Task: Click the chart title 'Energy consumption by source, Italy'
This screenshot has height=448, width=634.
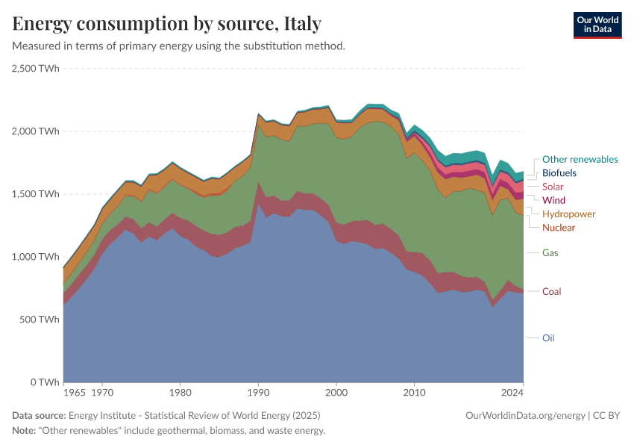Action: pyautogui.click(x=167, y=24)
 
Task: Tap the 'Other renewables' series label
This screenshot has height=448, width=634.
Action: pyautogui.click(x=580, y=159)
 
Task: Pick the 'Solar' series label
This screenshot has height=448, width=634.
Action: pyautogui.click(x=553, y=187)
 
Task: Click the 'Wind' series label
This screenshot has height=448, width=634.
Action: pyautogui.click(x=553, y=200)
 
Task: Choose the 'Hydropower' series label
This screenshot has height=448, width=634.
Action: pyautogui.click(x=569, y=214)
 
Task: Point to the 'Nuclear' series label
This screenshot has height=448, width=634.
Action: pyautogui.click(x=559, y=227)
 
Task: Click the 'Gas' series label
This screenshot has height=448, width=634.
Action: pyautogui.click(x=550, y=253)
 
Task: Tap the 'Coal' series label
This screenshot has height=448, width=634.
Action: pyautogui.click(x=552, y=291)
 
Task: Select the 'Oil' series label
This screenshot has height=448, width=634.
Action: pyautogui.click(x=548, y=337)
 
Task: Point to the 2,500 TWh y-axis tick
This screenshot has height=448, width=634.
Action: pyautogui.click(x=36, y=69)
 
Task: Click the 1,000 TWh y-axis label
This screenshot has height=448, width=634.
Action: pyautogui.click(x=36, y=257)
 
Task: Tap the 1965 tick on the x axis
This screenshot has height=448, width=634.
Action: pyautogui.click(x=74, y=391)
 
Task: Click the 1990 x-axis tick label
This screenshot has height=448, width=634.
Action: pyautogui.click(x=258, y=391)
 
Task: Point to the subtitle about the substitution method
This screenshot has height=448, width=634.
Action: pyautogui.click(x=179, y=46)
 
